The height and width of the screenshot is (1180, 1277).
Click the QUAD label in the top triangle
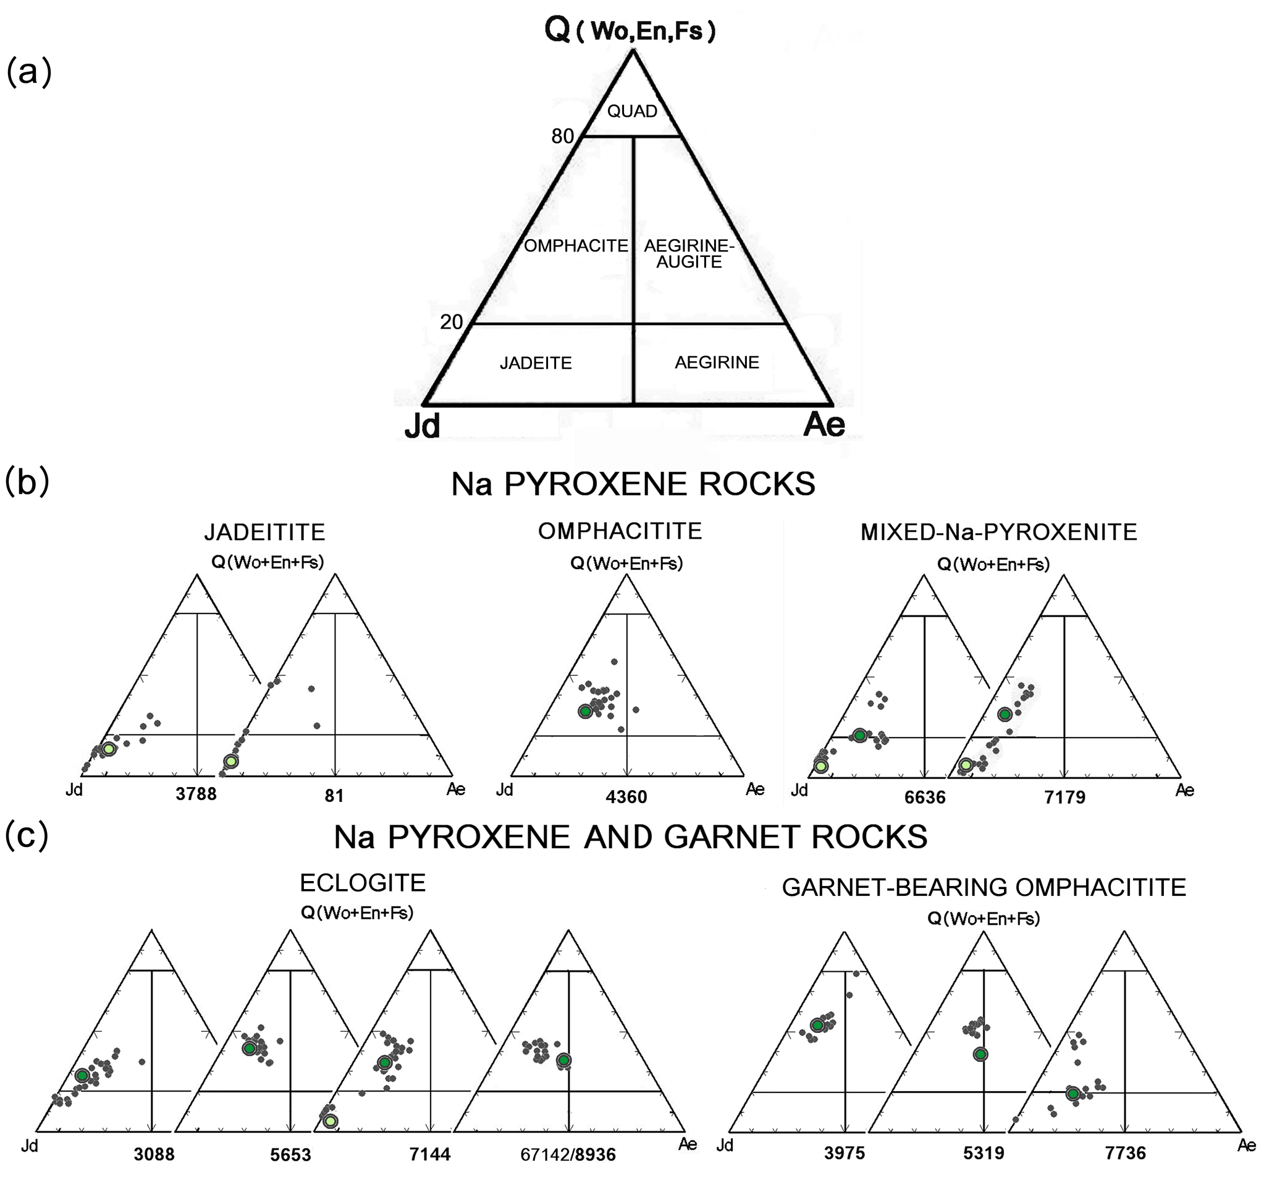(x=632, y=111)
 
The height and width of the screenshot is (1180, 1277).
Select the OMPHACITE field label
(x=576, y=247)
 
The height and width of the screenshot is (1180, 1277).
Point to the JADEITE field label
(x=536, y=363)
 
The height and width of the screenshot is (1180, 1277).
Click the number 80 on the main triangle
(x=563, y=136)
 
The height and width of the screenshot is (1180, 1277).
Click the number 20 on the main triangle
(x=452, y=322)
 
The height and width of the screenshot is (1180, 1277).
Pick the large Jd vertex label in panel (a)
(x=423, y=425)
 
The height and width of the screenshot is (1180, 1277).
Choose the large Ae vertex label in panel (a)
(x=824, y=424)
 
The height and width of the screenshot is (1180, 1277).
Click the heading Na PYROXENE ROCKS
(x=633, y=484)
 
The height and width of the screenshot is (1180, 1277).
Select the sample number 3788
(x=196, y=795)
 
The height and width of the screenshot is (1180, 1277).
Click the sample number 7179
(x=1064, y=797)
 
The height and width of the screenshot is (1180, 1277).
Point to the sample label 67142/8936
(x=568, y=1155)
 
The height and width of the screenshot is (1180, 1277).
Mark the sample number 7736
(x=1125, y=1153)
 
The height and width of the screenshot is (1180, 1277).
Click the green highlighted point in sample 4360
(x=586, y=711)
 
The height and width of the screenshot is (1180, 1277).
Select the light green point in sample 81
(x=231, y=761)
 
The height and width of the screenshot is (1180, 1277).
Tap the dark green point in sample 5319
(x=980, y=1053)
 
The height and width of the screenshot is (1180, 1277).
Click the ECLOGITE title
(x=363, y=883)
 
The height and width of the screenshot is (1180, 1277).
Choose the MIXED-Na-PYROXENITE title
(x=998, y=533)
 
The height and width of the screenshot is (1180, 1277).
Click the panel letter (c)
(x=27, y=837)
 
